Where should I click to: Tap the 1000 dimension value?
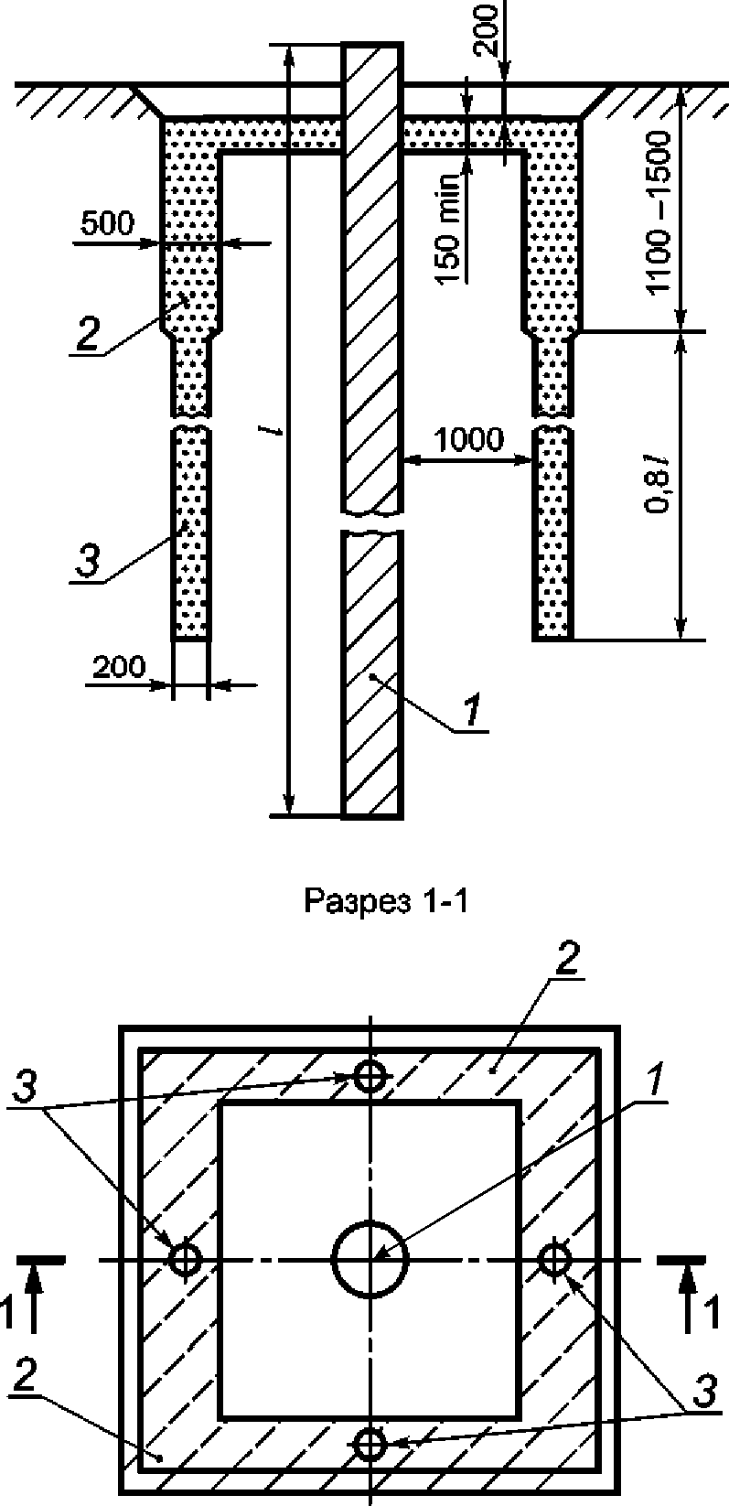tap(469, 440)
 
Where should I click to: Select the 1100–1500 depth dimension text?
tap(659, 212)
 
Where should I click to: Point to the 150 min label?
tap(449, 230)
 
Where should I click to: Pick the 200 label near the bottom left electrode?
tap(119, 667)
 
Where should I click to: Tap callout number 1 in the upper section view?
tap(472, 712)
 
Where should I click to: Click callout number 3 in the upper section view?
tap(87, 561)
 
